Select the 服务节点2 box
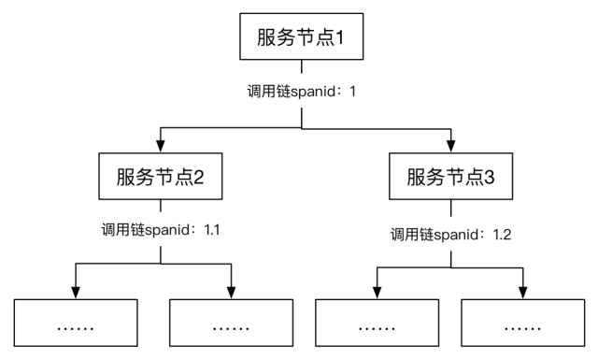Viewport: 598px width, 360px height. coord(160,177)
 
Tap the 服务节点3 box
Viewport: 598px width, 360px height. coord(451,177)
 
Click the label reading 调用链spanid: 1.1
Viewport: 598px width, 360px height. coord(161,229)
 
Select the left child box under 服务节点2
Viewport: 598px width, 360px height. coord(75,326)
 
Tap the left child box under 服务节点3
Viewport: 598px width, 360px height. coord(377,326)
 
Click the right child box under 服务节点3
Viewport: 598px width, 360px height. coord(523,326)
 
